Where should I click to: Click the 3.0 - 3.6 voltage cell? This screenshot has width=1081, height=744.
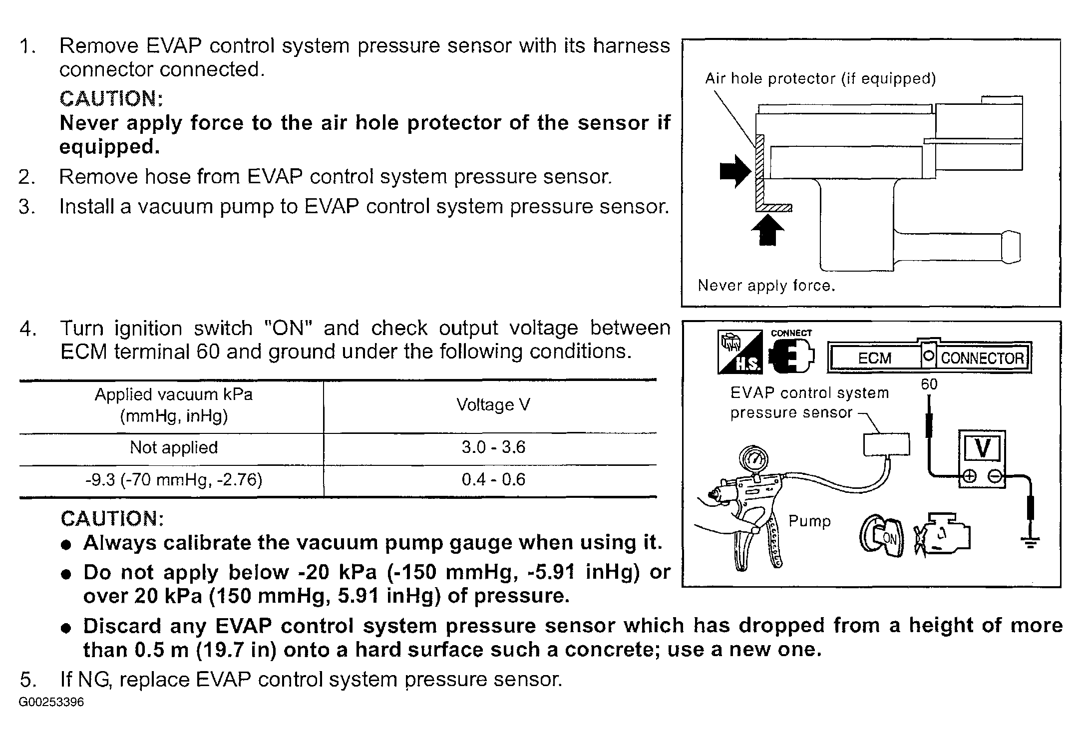pos(493,447)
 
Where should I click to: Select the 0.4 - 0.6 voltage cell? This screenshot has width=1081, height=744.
pos(493,479)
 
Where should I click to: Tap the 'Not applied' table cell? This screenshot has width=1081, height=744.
pos(174,447)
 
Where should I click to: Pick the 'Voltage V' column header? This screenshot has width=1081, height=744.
pos(493,404)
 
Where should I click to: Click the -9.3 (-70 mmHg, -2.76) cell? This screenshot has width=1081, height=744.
pos(174,480)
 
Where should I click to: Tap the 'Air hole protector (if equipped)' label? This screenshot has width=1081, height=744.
pos(820,78)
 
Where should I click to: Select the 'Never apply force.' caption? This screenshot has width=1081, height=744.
pos(766,286)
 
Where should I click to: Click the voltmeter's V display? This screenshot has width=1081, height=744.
pos(982,448)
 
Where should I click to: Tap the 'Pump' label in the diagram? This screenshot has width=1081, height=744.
pos(809,521)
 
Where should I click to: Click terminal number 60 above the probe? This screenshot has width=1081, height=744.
pos(929,384)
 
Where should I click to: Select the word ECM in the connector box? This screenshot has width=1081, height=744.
pos(874,358)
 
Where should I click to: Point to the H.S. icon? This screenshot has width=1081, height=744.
pos(739,352)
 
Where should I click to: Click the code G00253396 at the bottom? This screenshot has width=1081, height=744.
pos(51,702)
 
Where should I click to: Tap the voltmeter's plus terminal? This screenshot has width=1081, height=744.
pos(969,476)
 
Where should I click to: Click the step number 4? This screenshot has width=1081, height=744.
pos(27,329)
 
